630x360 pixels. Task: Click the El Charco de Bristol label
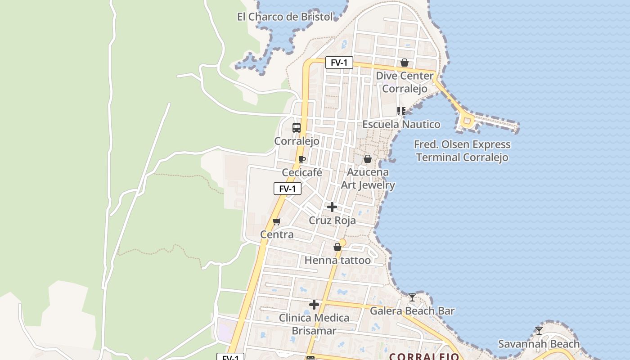[x=285, y=17]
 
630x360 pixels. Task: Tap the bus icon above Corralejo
[x=296, y=128]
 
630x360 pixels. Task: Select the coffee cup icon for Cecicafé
[x=302, y=159]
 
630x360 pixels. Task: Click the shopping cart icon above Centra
[x=277, y=221]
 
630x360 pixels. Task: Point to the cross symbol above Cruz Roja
[x=332, y=207]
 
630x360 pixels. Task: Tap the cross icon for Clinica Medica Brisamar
[x=314, y=305]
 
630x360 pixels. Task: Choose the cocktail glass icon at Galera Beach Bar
[x=412, y=297]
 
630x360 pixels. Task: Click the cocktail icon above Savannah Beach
[x=539, y=331]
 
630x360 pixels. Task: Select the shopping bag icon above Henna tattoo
[x=337, y=247]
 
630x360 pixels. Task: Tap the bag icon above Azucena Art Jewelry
[x=368, y=159]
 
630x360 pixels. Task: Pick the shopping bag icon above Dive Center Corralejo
[x=405, y=63]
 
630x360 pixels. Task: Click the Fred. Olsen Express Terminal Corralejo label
[x=462, y=151]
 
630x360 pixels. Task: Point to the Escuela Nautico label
[x=401, y=124]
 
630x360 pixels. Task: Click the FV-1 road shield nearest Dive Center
[x=339, y=63]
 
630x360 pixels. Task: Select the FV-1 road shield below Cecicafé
[x=288, y=189]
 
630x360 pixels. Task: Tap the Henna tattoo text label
[x=337, y=260]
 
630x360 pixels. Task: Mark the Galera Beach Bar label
[x=412, y=310]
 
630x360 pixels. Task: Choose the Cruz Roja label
[x=332, y=220]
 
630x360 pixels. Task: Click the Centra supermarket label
[x=277, y=234]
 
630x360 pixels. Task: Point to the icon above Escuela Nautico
[x=401, y=111]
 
